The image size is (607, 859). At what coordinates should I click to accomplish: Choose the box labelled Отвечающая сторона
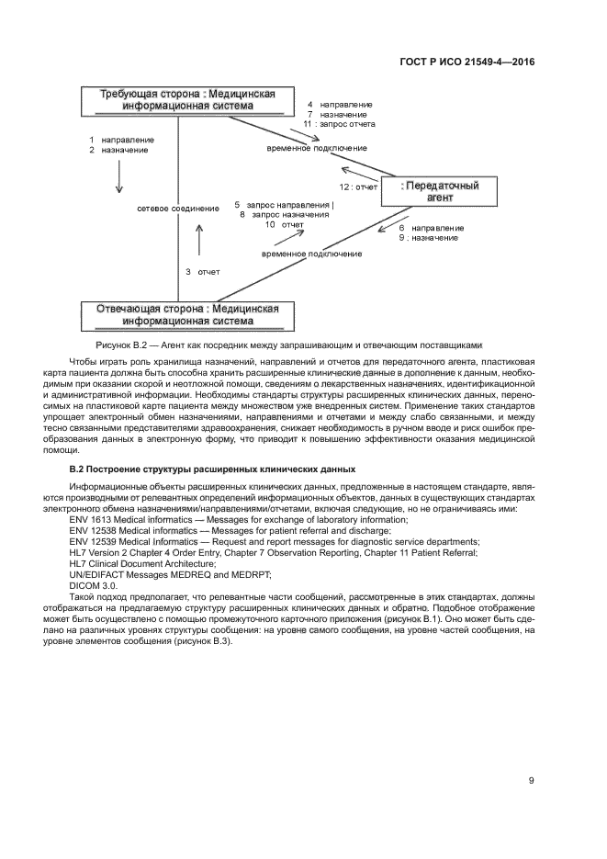187,314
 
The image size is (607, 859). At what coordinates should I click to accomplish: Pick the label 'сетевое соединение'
178,209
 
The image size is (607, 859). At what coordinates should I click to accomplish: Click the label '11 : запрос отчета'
339,123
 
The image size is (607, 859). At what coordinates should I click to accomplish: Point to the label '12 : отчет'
358,186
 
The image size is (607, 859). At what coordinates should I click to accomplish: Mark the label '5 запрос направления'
285,204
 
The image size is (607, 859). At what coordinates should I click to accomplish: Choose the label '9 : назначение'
428,238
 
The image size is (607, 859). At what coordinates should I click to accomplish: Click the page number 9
531,781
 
